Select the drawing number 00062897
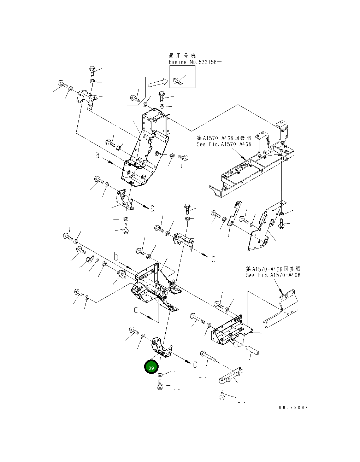(x=293, y=408)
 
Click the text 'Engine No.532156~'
(x=195, y=62)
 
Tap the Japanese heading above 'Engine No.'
(x=182, y=55)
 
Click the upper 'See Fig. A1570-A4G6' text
(x=224, y=144)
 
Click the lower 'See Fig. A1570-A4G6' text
(x=273, y=275)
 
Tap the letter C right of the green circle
(x=195, y=364)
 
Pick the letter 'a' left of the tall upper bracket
(x=97, y=155)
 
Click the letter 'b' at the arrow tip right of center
(x=213, y=259)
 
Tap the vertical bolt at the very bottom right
(x=222, y=396)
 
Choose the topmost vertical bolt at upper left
(x=92, y=70)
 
